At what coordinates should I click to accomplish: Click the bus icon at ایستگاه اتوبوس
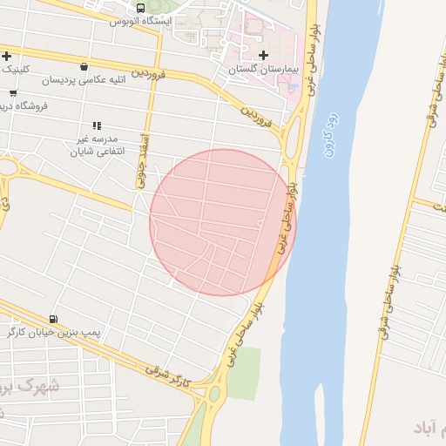click(x=141, y=8)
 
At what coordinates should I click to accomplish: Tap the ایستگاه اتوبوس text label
click(x=139, y=21)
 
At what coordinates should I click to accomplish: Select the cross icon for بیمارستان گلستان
click(x=264, y=56)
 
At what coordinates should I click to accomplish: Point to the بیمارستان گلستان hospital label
click(x=264, y=68)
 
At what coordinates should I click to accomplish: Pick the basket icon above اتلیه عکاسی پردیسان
click(x=83, y=67)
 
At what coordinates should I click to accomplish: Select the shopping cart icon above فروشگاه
click(x=13, y=93)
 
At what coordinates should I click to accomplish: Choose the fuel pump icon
click(x=54, y=320)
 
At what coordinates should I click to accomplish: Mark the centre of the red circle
click(x=223, y=222)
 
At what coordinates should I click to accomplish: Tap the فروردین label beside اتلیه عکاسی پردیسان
click(x=148, y=74)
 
